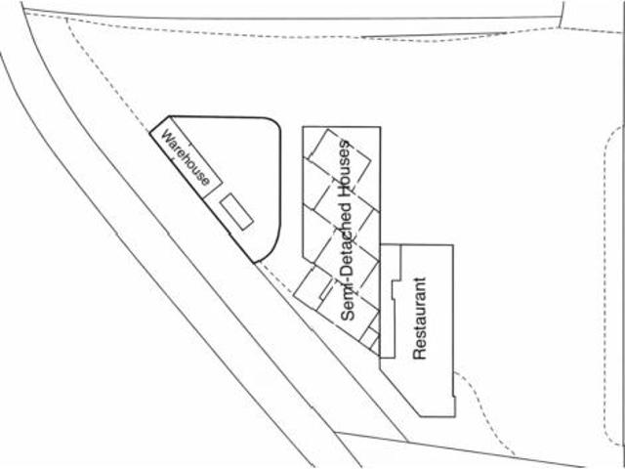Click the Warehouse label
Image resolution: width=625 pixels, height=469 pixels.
point(185,158)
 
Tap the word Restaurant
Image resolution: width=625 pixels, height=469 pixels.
point(420,319)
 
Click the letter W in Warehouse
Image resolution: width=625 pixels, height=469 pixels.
point(167,136)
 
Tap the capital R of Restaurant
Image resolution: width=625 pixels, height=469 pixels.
point(419,354)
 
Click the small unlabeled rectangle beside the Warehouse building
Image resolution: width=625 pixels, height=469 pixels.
point(236,211)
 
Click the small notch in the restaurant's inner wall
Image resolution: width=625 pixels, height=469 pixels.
point(395,290)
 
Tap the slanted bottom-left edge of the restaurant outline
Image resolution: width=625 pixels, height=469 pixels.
point(400,388)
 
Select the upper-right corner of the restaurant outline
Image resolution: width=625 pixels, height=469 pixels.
point(453,245)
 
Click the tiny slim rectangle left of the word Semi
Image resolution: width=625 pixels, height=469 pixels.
point(326,289)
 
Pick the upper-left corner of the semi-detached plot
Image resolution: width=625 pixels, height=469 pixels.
point(303,127)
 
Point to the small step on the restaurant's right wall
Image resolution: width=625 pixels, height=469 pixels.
point(454,397)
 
